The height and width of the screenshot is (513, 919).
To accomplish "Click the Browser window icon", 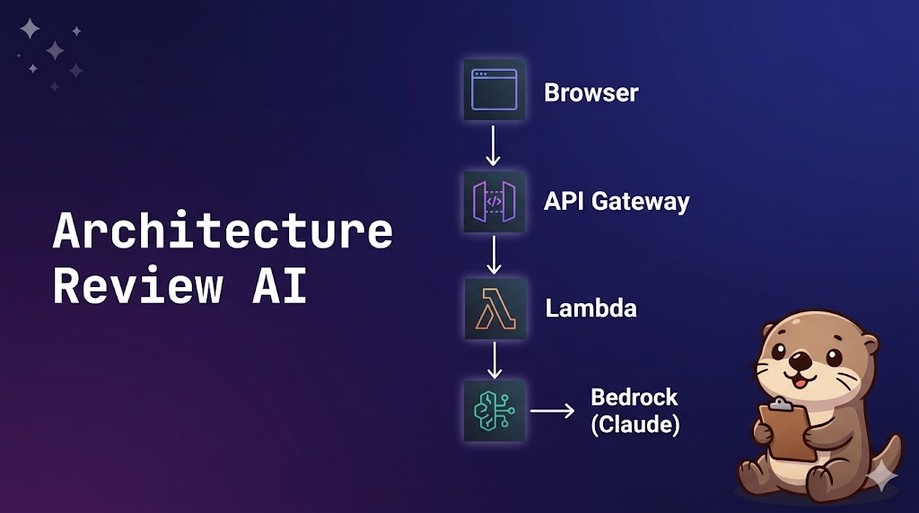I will pyautogui.click(x=494, y=90).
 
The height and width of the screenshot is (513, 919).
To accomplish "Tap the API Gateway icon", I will pyautogui.click(x=494, y=201).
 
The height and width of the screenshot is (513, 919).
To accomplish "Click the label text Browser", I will pyautogui.click(x=591, y=92).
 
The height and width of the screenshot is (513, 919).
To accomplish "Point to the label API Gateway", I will pyautogui.click(x=617, y=201).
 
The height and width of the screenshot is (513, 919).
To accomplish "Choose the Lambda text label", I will pyautogui.click(x=591, y=309).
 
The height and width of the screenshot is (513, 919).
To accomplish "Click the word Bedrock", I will pyautogui.click(x=634, y=397).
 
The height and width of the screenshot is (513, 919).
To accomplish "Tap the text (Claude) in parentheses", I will pyautogui.click(x=634, y=424).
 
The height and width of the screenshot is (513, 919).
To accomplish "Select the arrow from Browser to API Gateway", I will pyautogui.click(x=493, y=145).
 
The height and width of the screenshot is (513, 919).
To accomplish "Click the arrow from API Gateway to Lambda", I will pyautogui.click(x=493, y=255).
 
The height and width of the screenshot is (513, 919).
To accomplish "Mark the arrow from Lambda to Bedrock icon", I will pyautogui.click(x=493, y=361).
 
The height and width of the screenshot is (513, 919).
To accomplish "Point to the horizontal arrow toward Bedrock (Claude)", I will pyautogui.click(x=552, y=412).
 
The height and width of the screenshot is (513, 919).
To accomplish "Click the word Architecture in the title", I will pyautogui.click(x=223, y=231).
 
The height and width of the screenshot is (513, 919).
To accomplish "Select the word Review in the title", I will pyautogui.click(x=137, y=285).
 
